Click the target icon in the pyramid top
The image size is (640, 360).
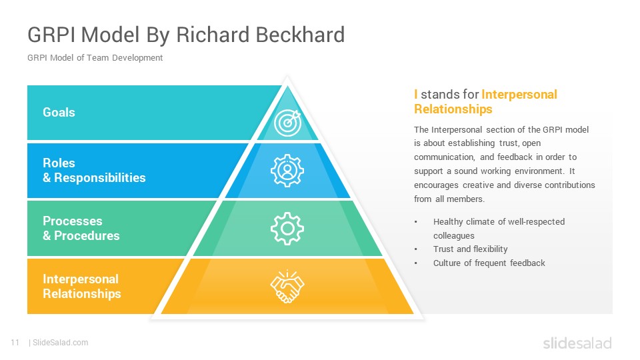click(x=288, y=123)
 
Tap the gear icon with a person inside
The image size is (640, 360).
click(x=287, y=171)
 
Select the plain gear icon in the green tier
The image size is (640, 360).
click(x=287, y=229)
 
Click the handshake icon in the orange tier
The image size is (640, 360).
click(x=287, y=287)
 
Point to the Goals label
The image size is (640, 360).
click(x=59, y=112)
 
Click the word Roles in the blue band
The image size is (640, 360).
click(x=59, y=163)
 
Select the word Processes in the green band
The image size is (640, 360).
click(x=73, y=221)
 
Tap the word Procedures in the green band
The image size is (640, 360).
click(x=87, y=235)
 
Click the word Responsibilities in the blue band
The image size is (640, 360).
click(x=100, y=177)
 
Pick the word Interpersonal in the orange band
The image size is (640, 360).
click(x=81, y=279)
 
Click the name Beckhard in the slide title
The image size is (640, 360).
click(x=301, y=34)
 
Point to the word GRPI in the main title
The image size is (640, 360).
click(x=51, y=34)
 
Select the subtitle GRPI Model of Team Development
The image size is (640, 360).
click(x=95, y=57)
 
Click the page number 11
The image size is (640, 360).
click(x=15, y=343)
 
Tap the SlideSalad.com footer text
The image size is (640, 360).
click(x=61, y=343)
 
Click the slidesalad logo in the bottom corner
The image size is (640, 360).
click(x=577, y=343)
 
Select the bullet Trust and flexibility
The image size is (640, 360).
click(x=470, y=249)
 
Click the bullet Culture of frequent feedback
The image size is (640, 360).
click(x=489, y=263)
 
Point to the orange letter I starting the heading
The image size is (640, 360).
click(x=416, y=94)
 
